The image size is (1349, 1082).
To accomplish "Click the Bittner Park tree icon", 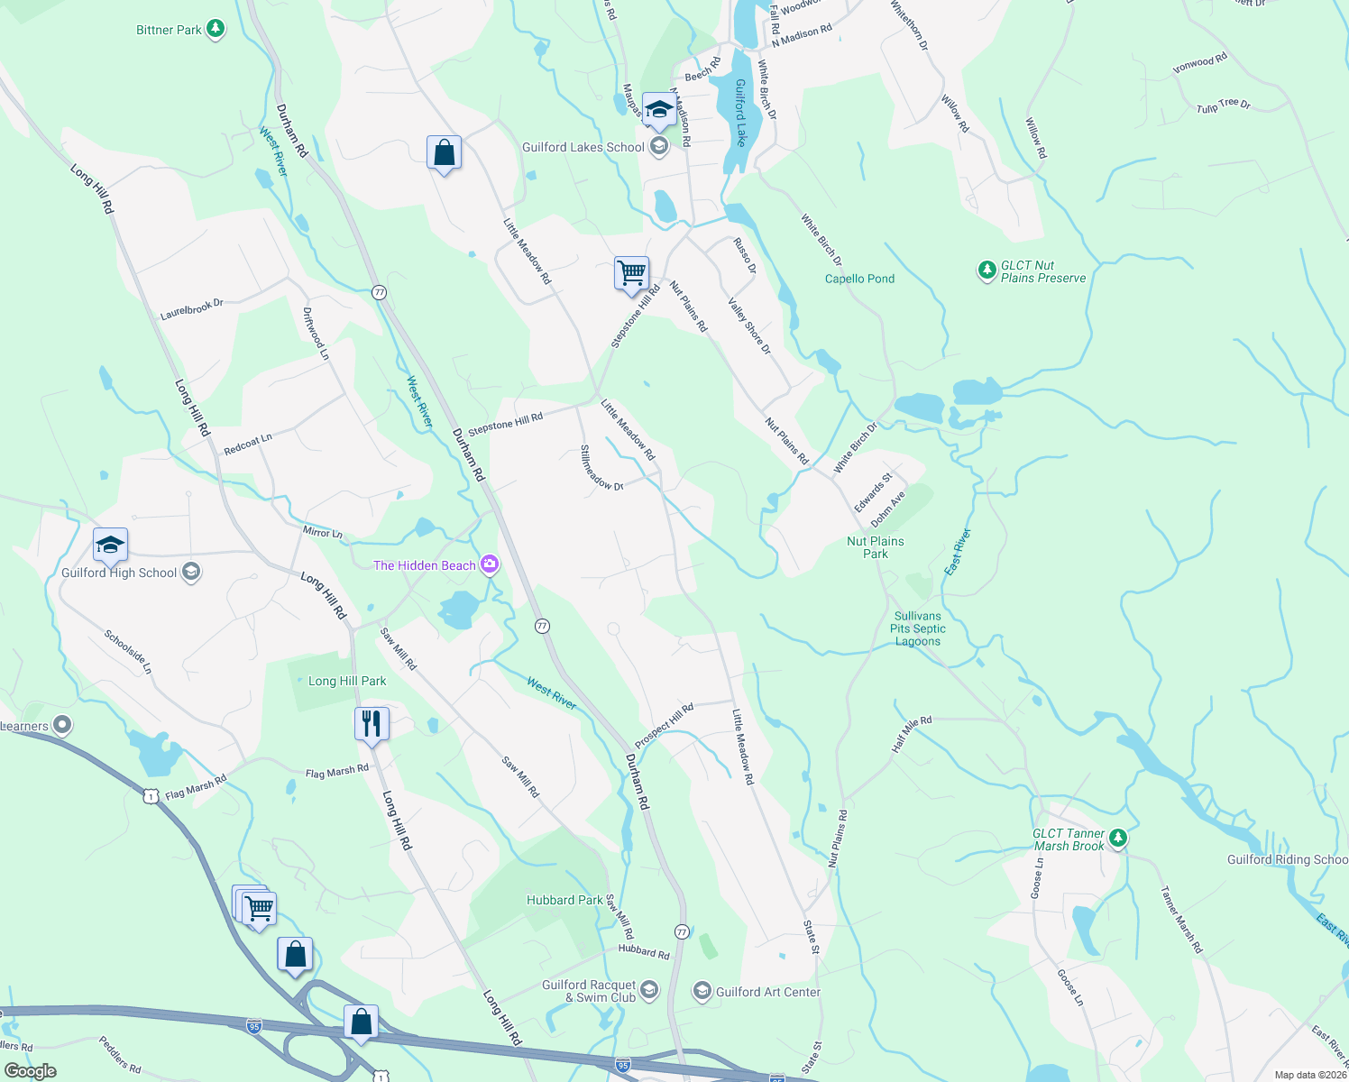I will click(x=215, y=30).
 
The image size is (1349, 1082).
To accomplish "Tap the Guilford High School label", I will click(x=119, y=573).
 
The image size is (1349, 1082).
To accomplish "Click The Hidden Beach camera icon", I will click(x=490, y=565).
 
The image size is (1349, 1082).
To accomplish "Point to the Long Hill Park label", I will click(x=347, y=681).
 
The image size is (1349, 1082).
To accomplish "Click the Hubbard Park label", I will click(x=565, y=900).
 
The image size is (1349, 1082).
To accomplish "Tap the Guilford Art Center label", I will click(x=768, y=992).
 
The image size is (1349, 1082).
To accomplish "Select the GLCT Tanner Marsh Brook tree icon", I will click(x=1117, y=839).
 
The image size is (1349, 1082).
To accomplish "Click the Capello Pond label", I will click(x=859, y=279).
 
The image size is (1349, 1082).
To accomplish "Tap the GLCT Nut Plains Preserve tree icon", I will click(x=987, y=270).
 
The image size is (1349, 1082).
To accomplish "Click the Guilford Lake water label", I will click(x=740, y=113).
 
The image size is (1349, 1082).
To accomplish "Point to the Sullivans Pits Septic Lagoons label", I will click(x=918, y=629).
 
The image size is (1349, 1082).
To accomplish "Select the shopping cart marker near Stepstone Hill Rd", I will click(x=631, y=271).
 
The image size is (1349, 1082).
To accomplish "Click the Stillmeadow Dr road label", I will click(x=601, y=468).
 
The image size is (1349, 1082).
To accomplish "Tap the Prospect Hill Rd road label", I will click(x=664, y=725).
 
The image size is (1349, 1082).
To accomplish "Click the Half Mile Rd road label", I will click(x=911, y=734).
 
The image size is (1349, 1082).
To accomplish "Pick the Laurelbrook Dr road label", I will click(x=191, y=309).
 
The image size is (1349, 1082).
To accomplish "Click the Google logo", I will click(x=31, y=1071).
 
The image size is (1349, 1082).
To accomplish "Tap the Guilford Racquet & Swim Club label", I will click(x=589, y=991).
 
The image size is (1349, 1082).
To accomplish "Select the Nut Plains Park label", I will click(x=875, y=547).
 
